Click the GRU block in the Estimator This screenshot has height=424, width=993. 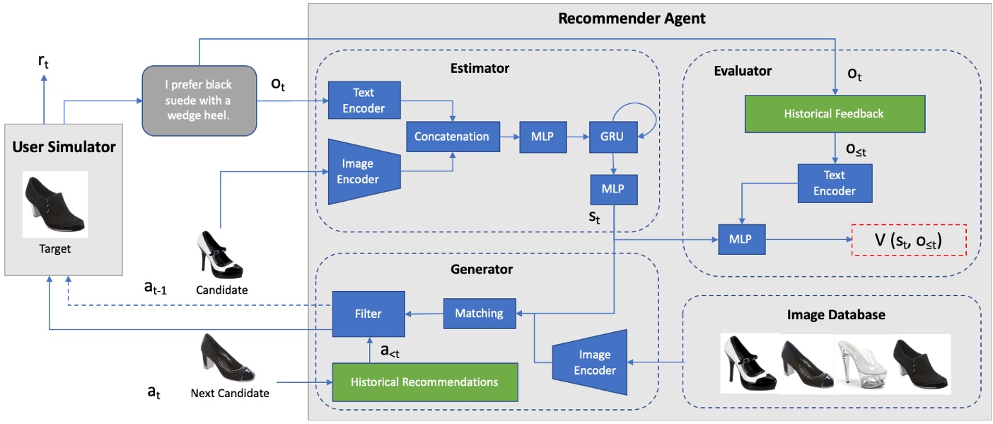(x=612, y=137)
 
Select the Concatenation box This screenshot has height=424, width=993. (x=451, y=137)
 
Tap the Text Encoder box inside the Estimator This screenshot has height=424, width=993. (x=364, y=100)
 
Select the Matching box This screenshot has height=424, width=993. (x=479, y=313)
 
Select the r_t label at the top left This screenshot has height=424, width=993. (x=43, y=62)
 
